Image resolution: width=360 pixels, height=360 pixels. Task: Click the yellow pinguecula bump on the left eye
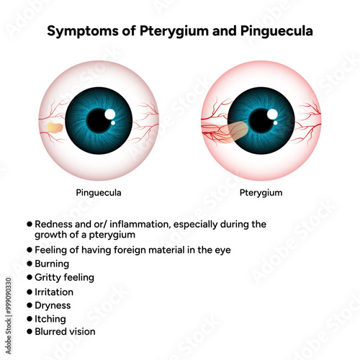(55, 127)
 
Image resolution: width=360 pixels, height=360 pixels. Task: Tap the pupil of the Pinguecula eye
(99, 121)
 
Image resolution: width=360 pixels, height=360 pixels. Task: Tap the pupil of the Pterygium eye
(261, 121)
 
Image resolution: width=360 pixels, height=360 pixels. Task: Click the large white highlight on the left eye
(110, 114)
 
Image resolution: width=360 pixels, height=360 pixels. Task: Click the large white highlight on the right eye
(273, 114)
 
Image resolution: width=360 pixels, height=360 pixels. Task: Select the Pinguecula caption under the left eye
(99, 193)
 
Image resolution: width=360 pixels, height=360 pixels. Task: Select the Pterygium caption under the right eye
(261, 193)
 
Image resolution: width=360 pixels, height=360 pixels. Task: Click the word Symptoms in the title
(83, 31)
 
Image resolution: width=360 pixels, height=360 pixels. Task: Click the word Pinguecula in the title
(276, 31)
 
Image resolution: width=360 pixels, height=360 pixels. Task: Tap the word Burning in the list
(52, 264)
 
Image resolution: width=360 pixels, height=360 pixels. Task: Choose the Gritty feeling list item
(64, 277)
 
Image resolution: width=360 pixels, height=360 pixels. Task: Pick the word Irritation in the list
(54, 292)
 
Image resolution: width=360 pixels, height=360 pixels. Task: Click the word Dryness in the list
(53, 305)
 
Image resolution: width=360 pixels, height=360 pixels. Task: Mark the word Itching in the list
(50, 319)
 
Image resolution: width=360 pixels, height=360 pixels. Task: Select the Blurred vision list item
(65, 332)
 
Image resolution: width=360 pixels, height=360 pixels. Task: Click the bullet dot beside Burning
(30, 264)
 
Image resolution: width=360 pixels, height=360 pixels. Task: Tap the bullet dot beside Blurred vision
(30, 332)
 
